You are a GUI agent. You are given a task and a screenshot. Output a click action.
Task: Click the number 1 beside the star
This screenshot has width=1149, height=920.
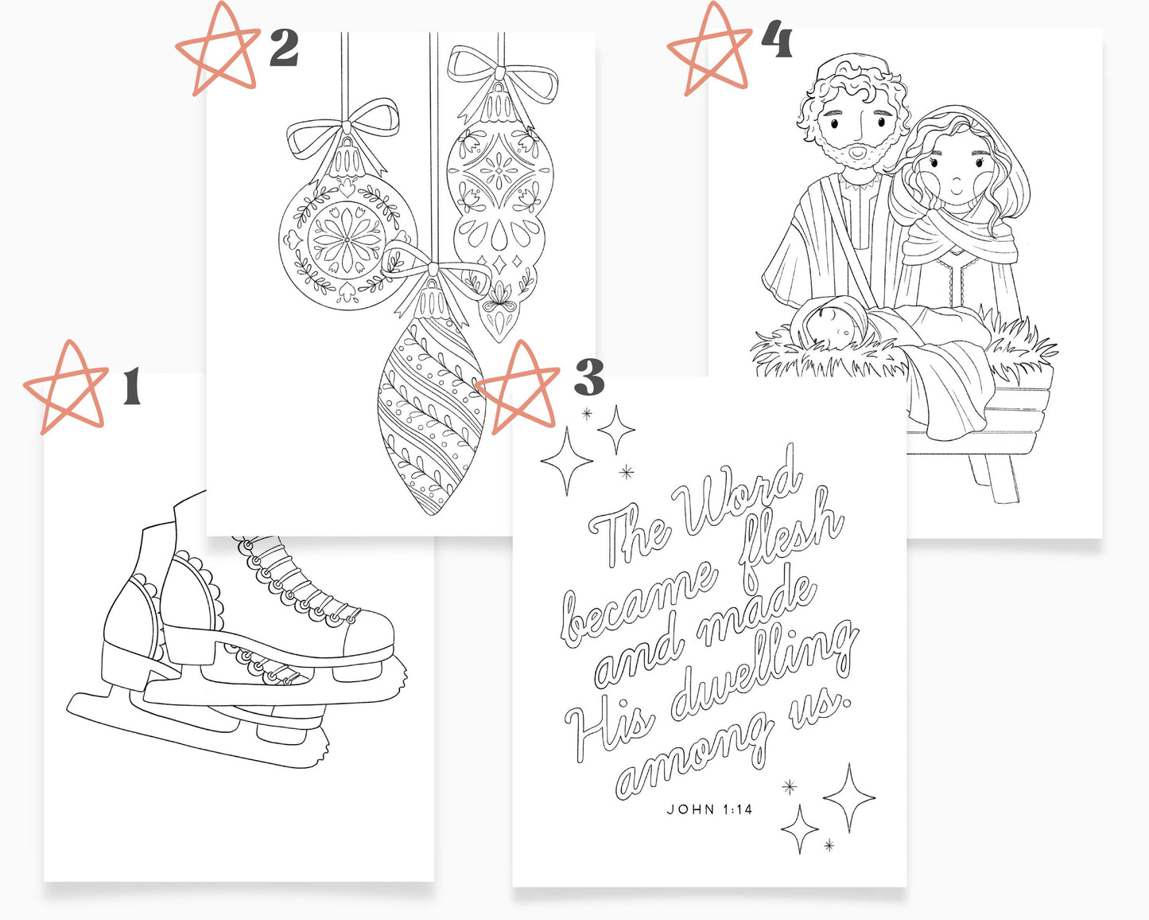pyautogui.click(x=133, y=386)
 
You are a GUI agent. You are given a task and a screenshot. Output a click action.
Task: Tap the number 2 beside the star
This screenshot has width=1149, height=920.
pyautogui.click(x=284, y=48)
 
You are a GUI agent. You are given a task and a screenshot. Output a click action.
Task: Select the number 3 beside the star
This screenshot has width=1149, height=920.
pyautogui.click(x=589, y=377)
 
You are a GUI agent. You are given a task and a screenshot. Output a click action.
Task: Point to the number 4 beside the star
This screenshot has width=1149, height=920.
pyautogui.click(x=777, y=40)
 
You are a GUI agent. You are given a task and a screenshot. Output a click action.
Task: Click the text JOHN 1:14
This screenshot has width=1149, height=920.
pyautogui.click(x=709, y=809)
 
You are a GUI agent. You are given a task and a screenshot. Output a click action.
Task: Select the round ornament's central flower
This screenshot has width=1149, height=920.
pyautogui.click(x=347, y=240)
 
